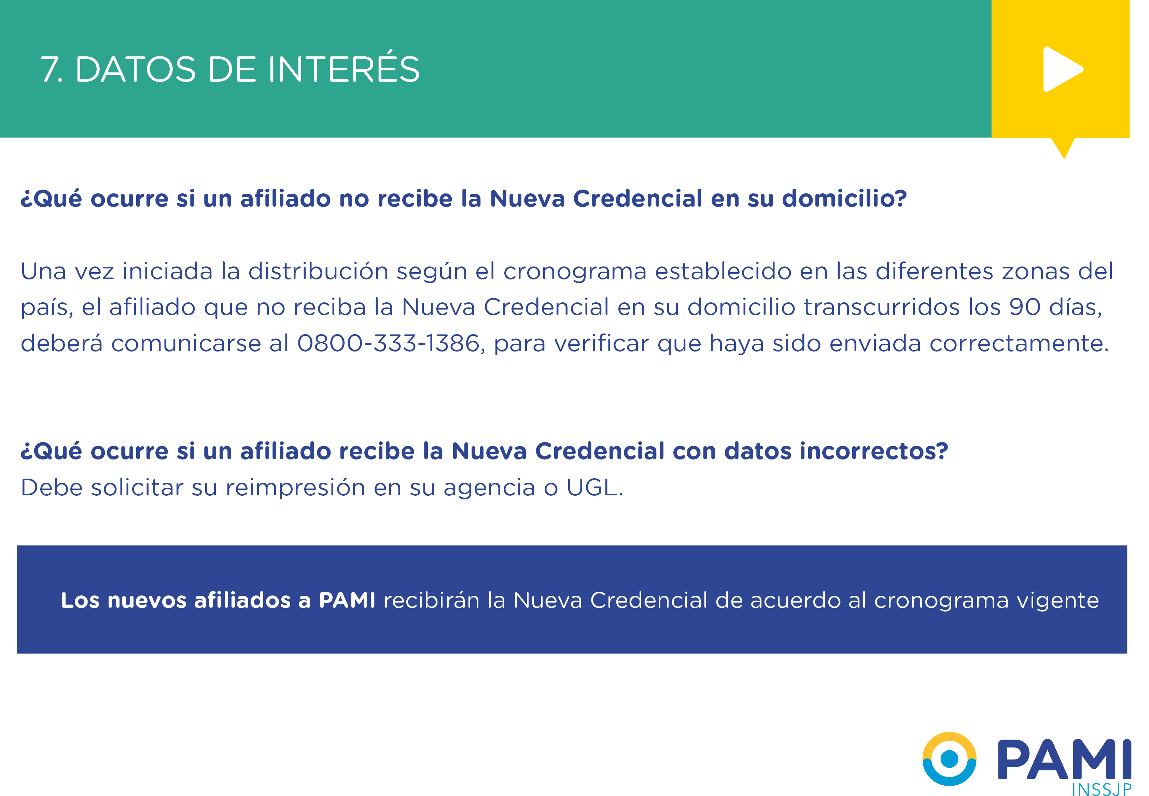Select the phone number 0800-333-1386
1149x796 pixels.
[388, 343]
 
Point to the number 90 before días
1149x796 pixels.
[1025, 307]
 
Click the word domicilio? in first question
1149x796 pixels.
[844, 198]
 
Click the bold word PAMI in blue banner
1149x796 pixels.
[347, 600]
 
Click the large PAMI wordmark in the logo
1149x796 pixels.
[1064, 759]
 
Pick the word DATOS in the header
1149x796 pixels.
[136, 69]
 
